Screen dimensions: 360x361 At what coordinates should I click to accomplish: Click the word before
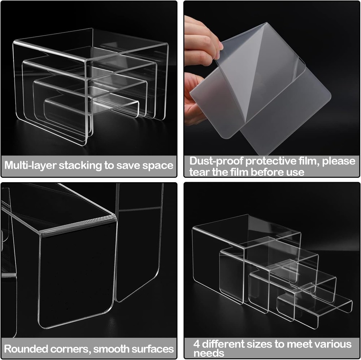pos(268,172)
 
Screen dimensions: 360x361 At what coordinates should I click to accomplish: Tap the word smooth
pos(110,349)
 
